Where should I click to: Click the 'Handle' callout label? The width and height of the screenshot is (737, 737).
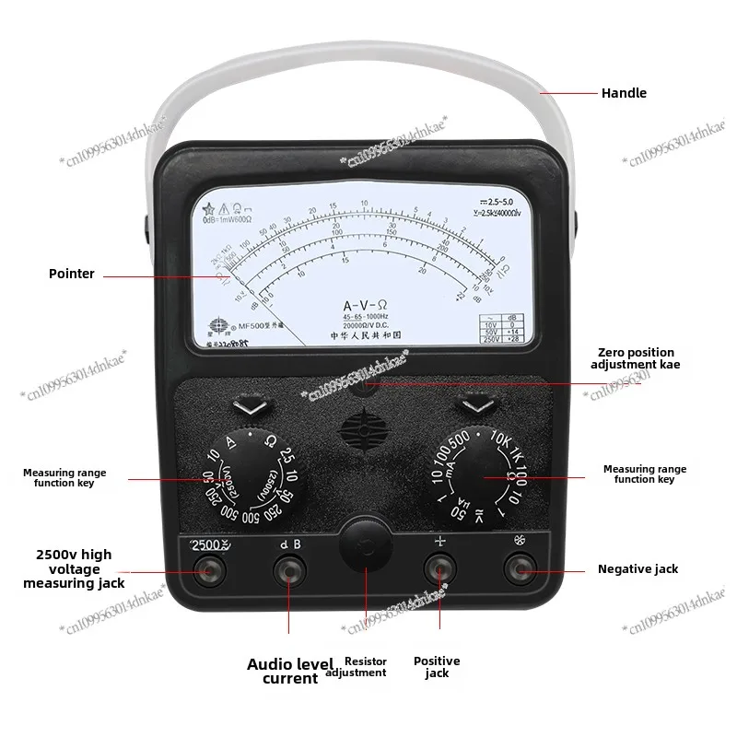pyautogui.click(x=624, y=93)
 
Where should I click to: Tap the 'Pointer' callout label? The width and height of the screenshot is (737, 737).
pyautogui.click(x=72, y=274)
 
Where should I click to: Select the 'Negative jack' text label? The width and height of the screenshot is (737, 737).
pyautogui.click(x=638, y=569)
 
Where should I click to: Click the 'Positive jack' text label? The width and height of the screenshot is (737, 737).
pyautogui.click(x=437, y=667)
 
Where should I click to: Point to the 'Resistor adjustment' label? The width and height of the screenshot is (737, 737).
pyautogui.click(x=366, y=667)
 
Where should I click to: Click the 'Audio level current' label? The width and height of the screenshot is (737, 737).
pyautogui.click(x=282, y=671)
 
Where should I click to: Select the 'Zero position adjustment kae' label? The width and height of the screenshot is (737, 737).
pyautogui.click(x=636, y=358)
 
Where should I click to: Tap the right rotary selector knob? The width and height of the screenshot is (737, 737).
pyautogui.click(x=476, y=478)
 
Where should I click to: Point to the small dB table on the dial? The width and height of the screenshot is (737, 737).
pyautogui.click(x=495, y=328)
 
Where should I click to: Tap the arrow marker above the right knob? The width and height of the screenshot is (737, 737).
pyautogui.click(x=476, y=404)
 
